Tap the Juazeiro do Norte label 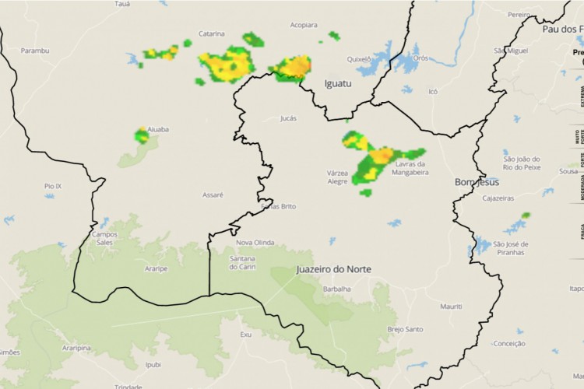(x=333, y=269)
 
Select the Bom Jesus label (x=477, y=182)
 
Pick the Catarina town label (x=211, y=33)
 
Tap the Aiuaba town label (x=158, y=129)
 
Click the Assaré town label (x=213, y=194)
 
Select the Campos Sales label (x=104, y=238)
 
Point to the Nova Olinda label (x=255, y=242)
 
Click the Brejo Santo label (x=405, y=329)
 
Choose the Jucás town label (x=288, y=118)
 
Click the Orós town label (x=421, y=58)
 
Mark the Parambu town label (x=35, y=51)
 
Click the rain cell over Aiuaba (x=142, y=136)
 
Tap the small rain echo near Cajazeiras (x=526, y=215)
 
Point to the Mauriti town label (x=451, y=307)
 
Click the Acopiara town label (x=304, y=25)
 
